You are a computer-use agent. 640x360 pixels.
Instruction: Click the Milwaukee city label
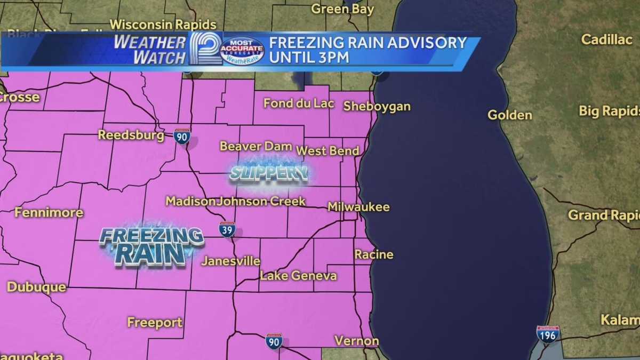[358, 207]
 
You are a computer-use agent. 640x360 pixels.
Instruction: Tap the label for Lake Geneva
[298, 276]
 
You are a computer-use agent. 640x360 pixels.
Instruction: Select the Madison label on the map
[190, 201]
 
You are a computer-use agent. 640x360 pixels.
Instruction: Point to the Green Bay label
[342, 9]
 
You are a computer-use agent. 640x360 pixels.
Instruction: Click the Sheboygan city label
[377, 106]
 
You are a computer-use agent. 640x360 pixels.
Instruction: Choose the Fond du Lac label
[298, 103]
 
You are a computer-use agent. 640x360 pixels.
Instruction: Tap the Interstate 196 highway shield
[548, 334]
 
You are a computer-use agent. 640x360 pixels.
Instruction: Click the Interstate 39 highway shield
[227, 229]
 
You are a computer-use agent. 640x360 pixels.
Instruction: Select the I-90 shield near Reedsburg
[182, 136]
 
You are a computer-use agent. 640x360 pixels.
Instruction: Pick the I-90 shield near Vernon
[274, 341]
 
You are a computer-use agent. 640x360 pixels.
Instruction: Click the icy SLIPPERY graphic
[269, 173]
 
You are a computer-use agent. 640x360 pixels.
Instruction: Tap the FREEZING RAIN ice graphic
[152, 245]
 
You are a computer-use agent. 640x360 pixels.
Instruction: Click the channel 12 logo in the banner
[205, 49]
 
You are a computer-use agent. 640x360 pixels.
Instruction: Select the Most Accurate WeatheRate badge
[242, 51]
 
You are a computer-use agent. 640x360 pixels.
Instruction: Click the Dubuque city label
[36, 287]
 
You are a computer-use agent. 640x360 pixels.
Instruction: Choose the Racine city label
[373, 254]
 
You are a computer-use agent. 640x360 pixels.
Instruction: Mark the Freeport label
[155, 322]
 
